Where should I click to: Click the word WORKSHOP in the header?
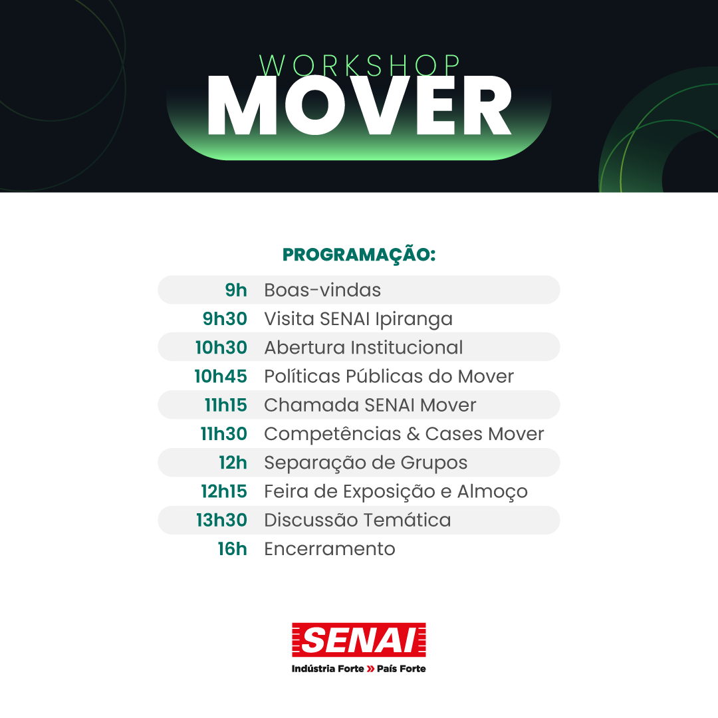pyautogui.click(x=360, y=65)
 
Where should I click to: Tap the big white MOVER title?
pyautogui.click(x=360, y=106)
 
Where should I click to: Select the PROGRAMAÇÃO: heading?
pyautogui.click(x=359, y=255)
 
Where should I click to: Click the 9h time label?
pyautogui.click(x=236, y=290)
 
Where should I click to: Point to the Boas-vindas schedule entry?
pyautogui.click(x=322, y=290)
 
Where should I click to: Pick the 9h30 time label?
pyautogui.click(x=225, y=318)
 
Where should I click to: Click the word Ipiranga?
pyautogui.click(x=414, y=320)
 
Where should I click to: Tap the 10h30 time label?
pyautogui.click(x=221, y=348)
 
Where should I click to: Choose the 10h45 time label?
pyautogui.click(x=221, y=376)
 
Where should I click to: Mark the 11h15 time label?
pyautogui.click(x=226, y=406)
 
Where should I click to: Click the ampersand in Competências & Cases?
pyautogui.click(x=413, y=434)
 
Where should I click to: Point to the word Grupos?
pyautogui.click(x=434, y=463)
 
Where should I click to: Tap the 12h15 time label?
pyautogui.click(x=224, y=491)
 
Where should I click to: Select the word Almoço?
pyautogui.click(x=492, y=492)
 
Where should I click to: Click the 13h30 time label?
pyautogui.click(x=221, y=520)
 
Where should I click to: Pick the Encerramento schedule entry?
pyautogui.click(x=330, y=549)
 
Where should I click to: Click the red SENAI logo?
pyautogui.click(x=359, y=640)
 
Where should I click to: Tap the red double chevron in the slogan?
pyautogui.click(x=370, y=669)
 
